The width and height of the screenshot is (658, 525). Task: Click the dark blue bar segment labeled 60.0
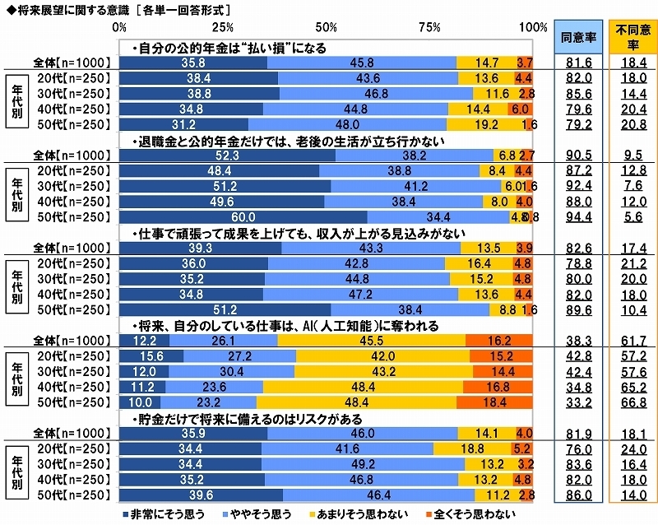(244, 218)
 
